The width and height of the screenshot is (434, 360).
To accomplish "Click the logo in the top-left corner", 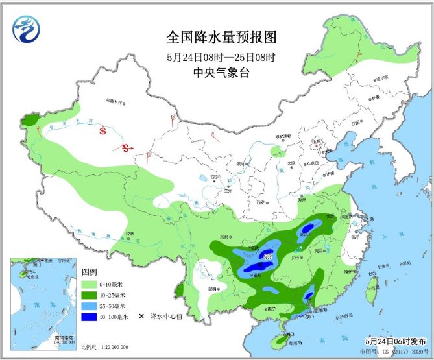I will pos(27,28).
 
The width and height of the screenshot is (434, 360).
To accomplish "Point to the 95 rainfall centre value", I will pos(267,257).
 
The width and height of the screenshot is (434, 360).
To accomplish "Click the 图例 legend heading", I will pos(90,272).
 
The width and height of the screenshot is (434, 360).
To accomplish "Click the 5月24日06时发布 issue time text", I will pos(395,341).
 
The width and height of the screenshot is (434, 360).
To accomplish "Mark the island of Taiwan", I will pos(372,293).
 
